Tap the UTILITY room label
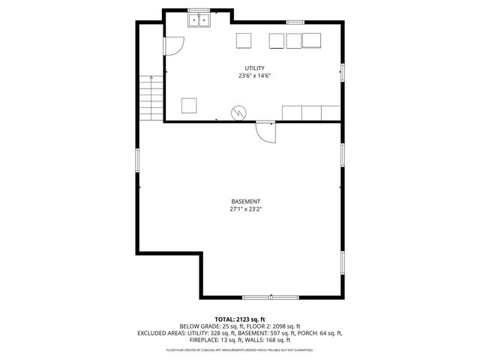[x=254, y=68]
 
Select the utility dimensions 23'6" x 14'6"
[x=254, y=76]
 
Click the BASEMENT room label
[x=245, y=202]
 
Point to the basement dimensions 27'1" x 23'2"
[x=245, y=210]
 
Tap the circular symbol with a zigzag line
[x=238, y=112]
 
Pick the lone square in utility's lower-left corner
[x=189, y=105]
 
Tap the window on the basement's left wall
[x=137, y=160]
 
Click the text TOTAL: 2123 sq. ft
[x=239, y=319]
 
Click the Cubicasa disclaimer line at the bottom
[x=239, y=349]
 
